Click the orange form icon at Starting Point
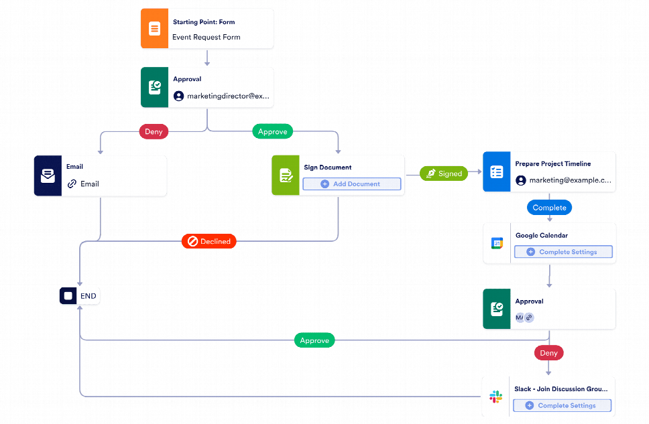tap(154, 29)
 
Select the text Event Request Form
tap(206, 38)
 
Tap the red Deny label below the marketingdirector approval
tap(154, 132)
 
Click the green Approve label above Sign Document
tap(272, 132)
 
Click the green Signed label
tap(443, 173)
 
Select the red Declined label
tap(209, 241)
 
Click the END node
tap(80, 295)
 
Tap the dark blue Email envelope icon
tap(48, 176)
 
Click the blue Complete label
tap(549, 208)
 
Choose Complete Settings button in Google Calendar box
tap(563, 252)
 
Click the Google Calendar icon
tap(497, 243)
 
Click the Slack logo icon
tap(496, 397)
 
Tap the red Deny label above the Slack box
tap(548, 352)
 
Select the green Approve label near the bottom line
tap(314, 340)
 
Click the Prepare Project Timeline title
tap(552, 163)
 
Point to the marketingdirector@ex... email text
tap(228, 96)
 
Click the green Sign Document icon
tap(286, 175)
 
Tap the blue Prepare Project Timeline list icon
tap(496, 172)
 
